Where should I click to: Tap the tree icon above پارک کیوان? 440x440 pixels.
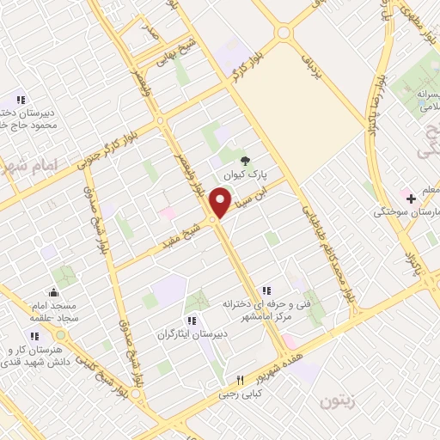pos(244,160)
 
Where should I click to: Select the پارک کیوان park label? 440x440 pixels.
pos(244,174)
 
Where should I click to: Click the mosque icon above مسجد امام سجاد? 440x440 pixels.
pos(53,292)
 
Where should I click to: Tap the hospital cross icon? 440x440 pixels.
pos(412,199)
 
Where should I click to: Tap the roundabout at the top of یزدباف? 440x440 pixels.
pos(283,33)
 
